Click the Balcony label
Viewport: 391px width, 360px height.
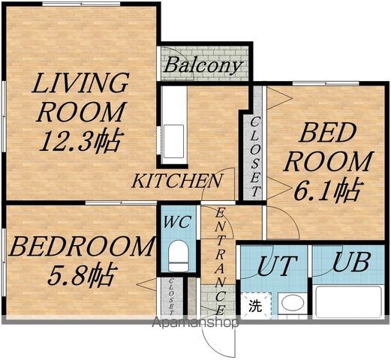click(203, 65)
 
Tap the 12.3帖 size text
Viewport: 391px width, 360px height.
click(82, 141)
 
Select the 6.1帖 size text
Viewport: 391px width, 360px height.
click(327, 189)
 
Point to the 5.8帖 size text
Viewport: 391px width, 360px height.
click(82, 274)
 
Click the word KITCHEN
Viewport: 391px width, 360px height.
click(177, 181)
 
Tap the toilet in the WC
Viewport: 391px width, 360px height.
click(179, 256)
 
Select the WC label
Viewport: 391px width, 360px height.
click(178, 221)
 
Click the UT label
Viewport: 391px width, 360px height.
click(277, 265)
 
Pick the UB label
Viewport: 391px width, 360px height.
click(351, 262)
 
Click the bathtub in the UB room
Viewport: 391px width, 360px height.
click(348, 302)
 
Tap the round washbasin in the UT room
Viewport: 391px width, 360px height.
click(293, 302)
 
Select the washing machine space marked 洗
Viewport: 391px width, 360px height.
click(256, 306)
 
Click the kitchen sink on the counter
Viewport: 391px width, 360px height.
click(173, 141)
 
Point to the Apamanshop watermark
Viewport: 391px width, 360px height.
click(195, 322)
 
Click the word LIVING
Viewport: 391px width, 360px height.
click(80, 83)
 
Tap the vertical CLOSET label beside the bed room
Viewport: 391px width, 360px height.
click(255, 157)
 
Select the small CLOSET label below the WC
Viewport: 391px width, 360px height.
click(171, 297)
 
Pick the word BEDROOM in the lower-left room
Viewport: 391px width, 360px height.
click(80, 247)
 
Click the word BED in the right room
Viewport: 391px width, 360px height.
click(328, 133)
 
